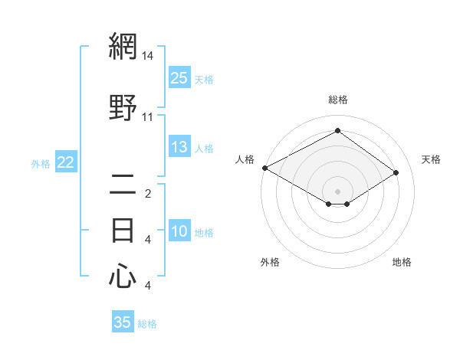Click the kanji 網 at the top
pyautogui.click(x=123, y=47)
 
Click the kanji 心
pyautogui.click(x=123, y=275)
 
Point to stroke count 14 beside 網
pyautogui.click(x=148, y=56)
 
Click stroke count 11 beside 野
pyautogui.click(x=148, y=116)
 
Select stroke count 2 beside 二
pyautogui.click(x=148, y=193)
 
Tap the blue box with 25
pyautogui.click(x=179, y=78)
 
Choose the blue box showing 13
pyautogui.click(x=179, y=148)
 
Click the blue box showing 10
pyautogui.click(x=179, y=232)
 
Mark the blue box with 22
pyautogui.click(x=65, y=162)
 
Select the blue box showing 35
pyautogui.click(x=123, y=322)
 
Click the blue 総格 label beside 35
pyautogui.click(x=148, y=324)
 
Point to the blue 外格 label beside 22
pyautogui.click(x=41, y=163)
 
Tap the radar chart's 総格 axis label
pyautogui.click(x=337, y=100)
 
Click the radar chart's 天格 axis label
pyautogui.click(x=431, y=159)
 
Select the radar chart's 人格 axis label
pyautogui.click(x=245, y=159)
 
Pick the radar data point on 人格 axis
pyautogui.click(x=264, y=168)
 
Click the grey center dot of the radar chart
pyautogui.click(x=337, y=190)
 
